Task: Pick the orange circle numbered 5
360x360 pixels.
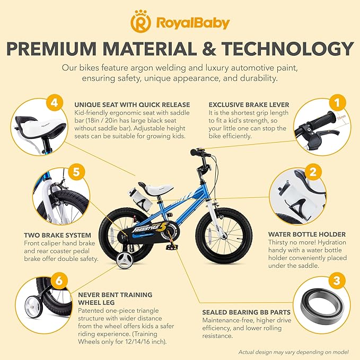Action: click(76, 172)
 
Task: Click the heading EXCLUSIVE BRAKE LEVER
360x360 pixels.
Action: click(241, 104)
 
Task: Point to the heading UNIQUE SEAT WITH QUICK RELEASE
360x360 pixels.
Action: click(126, 104)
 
